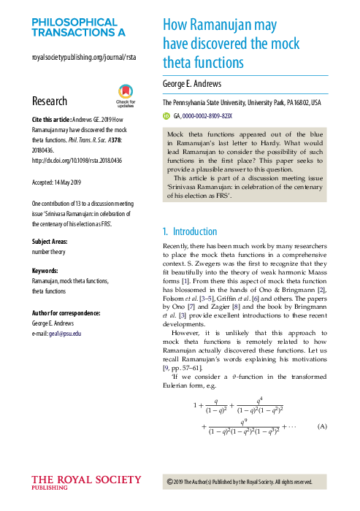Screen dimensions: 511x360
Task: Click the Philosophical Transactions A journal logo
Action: [79, 28]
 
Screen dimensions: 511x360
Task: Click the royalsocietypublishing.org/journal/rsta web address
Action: [84, 57]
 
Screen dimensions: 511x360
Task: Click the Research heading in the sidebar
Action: [50, 101]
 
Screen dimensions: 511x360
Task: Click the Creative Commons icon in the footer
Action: [170, 481]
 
